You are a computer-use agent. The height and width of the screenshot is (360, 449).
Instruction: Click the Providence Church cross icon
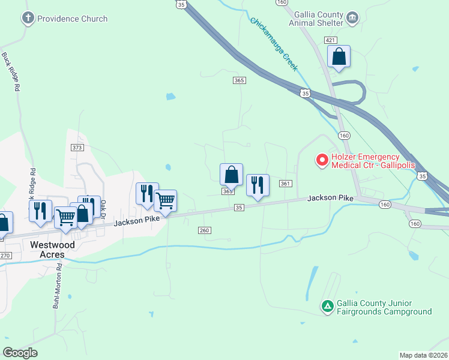28,19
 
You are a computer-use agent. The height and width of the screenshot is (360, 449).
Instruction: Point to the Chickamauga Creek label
274,44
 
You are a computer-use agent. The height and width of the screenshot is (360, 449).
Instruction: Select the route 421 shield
330,40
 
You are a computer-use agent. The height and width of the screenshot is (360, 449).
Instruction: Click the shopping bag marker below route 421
339,58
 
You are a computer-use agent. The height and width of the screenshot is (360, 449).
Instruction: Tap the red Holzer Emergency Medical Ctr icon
321,160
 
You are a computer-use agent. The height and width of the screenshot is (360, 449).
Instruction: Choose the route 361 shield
285,184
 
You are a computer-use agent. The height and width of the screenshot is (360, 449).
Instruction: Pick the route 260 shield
204,230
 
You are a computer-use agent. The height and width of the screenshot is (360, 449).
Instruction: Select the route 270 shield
5,255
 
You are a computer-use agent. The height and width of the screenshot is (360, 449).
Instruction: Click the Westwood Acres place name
53,250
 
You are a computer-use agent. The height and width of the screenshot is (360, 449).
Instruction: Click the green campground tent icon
327,307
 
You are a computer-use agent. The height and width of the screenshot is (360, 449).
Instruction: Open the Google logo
20,352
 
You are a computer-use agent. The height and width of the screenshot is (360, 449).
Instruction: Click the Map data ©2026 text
423,355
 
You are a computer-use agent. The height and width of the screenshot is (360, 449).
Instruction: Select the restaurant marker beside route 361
258,185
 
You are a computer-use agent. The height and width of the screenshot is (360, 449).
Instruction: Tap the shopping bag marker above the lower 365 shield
231,175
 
